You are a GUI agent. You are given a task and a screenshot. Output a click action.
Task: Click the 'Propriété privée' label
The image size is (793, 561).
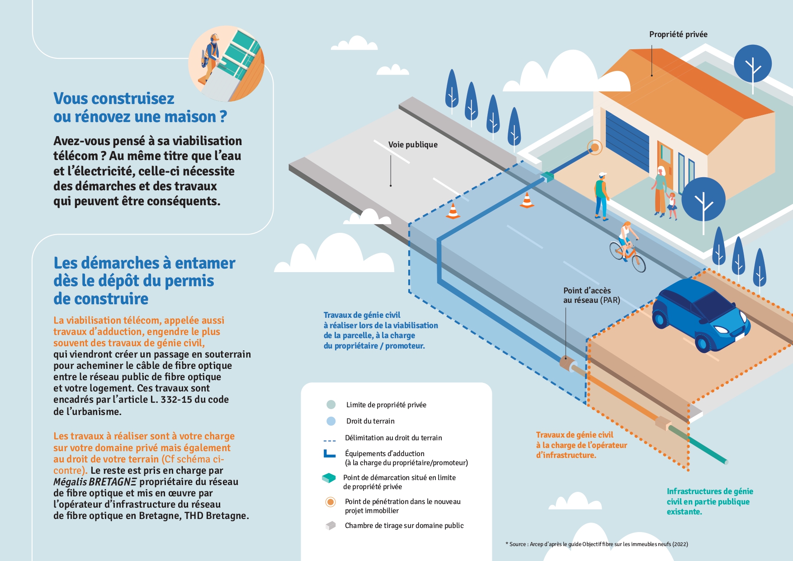678,34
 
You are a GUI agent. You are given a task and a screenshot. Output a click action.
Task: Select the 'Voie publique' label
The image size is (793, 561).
413,145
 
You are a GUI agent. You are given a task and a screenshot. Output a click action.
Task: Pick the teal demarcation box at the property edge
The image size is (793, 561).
548,176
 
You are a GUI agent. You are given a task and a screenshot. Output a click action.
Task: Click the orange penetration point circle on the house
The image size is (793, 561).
595,147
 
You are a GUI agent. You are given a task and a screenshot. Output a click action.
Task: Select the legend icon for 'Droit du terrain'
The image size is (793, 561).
331,421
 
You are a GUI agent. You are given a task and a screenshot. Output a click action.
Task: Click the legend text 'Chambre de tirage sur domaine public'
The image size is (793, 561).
404,525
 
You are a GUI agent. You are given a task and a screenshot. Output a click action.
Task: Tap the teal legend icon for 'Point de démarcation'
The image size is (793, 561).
329,478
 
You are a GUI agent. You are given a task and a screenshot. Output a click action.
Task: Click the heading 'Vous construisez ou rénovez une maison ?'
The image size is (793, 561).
140,108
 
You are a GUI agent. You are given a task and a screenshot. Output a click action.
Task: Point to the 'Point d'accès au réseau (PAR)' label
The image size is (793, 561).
591,295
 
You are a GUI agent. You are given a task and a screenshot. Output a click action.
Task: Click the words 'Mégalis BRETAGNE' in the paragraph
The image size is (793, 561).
94,482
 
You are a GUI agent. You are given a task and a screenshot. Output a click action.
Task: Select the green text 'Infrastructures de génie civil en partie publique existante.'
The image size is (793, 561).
710,501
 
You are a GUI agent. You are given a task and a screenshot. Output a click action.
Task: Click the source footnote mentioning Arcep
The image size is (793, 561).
597,544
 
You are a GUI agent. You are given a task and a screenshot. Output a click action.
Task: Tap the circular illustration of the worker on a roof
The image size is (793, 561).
227,63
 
